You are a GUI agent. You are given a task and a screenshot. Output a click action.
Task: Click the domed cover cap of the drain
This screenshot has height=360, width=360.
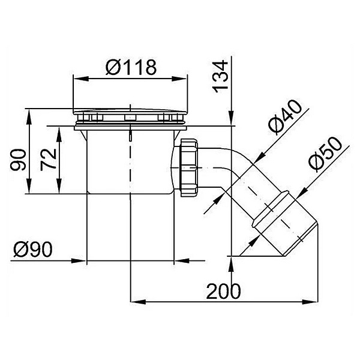(130, 110)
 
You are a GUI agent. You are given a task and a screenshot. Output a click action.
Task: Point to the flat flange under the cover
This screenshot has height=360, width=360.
(130, 125)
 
